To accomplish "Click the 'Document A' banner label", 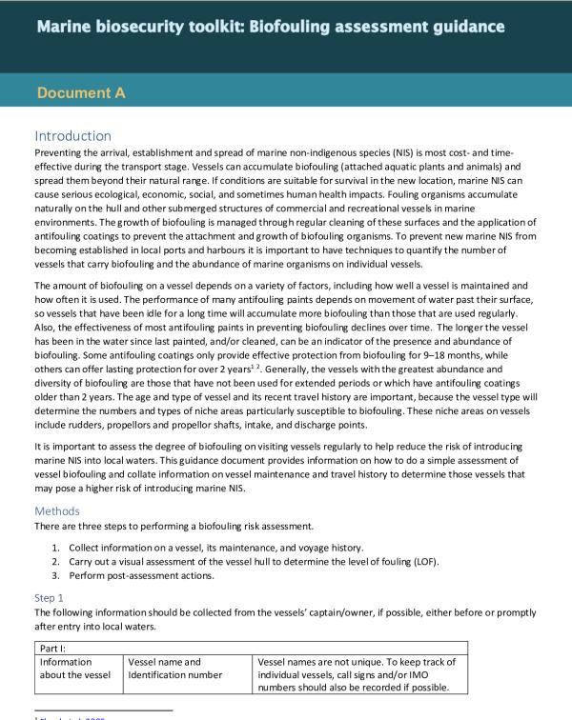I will click(x=81, y=93).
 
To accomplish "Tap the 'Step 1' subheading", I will click(x=51, y=597).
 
